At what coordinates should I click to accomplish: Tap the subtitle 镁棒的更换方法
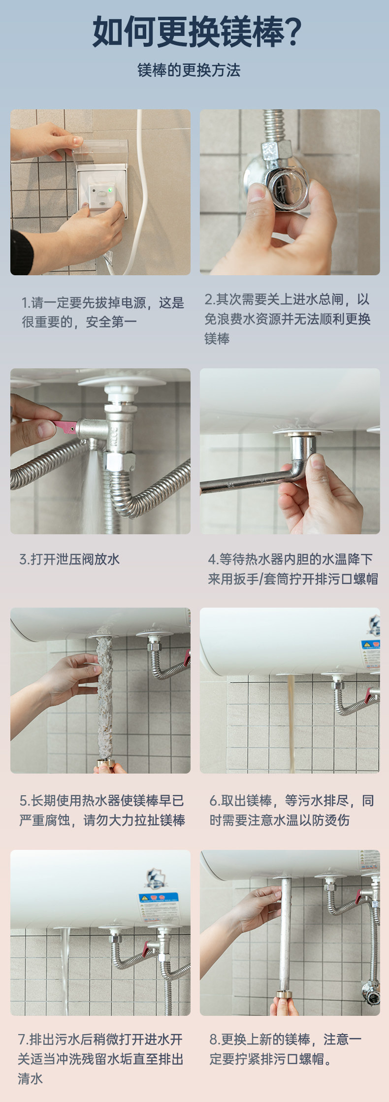189,70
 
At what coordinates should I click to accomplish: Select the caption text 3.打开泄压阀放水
69,559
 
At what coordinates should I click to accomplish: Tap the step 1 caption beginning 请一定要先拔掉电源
102,312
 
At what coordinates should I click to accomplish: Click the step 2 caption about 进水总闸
288,319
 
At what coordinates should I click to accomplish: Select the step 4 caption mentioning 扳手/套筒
293,569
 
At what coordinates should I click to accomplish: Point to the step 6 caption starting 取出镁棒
292,810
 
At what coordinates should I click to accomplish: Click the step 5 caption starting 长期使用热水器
102,810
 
